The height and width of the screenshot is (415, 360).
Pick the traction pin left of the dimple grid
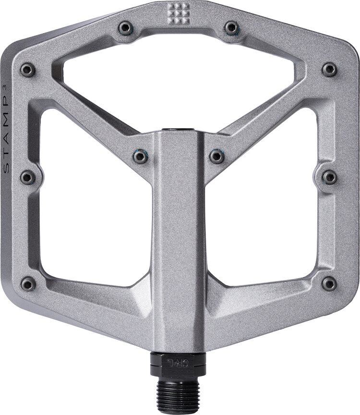click(x=126, y=27)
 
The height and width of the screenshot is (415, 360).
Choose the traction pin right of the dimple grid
click(x=232, y=27)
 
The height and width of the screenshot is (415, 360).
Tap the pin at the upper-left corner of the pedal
click(x=28, y=70)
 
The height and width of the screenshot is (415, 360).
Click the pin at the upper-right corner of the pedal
click(x=329, y=69)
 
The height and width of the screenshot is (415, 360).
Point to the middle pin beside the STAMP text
click(x=28, y=177)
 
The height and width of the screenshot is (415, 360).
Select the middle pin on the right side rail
click(x=329, y=177)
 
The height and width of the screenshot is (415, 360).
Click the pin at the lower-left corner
click(x=28, y=283)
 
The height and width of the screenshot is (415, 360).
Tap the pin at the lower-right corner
click(x=329, y=283)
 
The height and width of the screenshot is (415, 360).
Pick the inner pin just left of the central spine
click(x=141, y=156)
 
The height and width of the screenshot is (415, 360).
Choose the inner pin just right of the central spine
click(x=216, y=156)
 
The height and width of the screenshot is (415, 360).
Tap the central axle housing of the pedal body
click(x=179, y=240)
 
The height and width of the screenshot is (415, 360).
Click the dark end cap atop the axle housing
click(x=179, y=130)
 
